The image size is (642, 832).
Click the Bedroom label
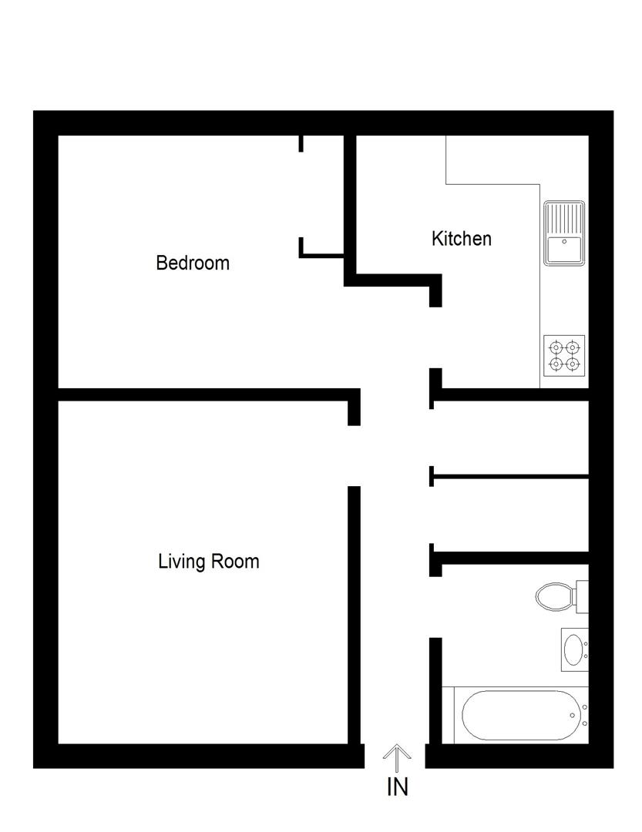(x=193, y=263)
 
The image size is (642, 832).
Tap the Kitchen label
(x=461, y=239)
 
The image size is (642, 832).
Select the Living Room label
(x=208, y=561)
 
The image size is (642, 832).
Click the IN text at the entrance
(x=397, y=787)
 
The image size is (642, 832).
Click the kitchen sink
(x=564, y=248)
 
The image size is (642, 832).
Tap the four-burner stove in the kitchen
(x=563, y=355)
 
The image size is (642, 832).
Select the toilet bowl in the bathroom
(x=553, y=595)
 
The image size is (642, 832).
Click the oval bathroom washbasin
(x=573, y=649)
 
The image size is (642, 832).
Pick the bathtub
(x=520, y=715)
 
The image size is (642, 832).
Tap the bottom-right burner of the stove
(x=572, y=364)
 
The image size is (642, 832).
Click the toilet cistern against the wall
(x=582, y=595)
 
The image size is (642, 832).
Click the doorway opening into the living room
(x=355, y=455)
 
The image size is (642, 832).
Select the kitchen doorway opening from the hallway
(x=435, y=337)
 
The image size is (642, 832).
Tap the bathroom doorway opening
(x=435, y=606)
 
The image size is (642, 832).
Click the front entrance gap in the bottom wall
(x=395, y=756)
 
